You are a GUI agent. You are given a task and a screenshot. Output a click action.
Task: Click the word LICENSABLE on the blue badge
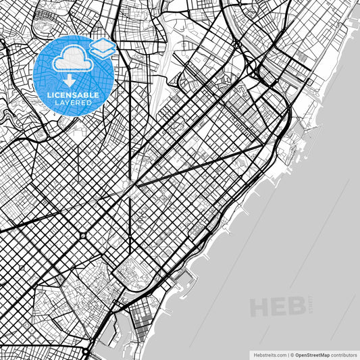pos(74,95)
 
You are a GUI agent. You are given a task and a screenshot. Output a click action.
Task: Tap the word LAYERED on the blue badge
pos(74,103)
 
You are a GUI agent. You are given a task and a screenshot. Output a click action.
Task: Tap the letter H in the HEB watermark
pos(260,307)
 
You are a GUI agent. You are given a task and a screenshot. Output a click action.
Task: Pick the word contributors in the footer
pos(342,354)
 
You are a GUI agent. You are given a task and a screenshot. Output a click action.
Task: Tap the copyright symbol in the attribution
pos(292,354)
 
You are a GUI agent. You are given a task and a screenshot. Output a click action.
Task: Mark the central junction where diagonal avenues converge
pos(134,183)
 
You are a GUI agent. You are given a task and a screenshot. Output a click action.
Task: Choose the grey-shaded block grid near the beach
pos(142,324)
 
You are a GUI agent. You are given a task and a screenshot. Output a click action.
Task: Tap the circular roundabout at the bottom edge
pos(86,352)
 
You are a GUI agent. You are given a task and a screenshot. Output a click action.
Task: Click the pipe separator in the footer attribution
pos(288,354)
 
